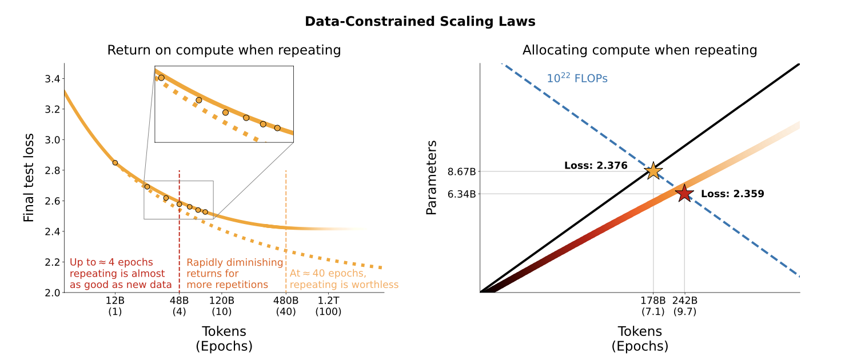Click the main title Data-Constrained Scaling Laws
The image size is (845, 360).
(420, 22)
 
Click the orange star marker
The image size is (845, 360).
(653, 171)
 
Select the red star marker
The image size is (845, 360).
(684, 194)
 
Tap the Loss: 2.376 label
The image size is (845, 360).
(596, 166)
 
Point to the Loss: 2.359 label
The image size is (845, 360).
(732, 194)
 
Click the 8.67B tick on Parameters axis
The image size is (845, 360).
(462, 171)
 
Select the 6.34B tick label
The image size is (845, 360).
(462, 194)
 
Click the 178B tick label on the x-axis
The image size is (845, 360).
(653, 301)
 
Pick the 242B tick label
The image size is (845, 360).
(684, 301)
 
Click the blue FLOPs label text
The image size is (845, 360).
(577, 78)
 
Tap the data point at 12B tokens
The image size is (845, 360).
(115, 163)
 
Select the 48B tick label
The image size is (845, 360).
(180, 301)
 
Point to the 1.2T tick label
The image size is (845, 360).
(328, 301)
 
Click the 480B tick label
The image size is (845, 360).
(285, 301)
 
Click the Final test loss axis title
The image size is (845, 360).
(29, 178)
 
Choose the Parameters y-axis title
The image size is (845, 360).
(432, 178)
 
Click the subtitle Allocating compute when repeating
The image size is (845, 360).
(640, 50)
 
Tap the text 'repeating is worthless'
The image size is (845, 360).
(344, 285)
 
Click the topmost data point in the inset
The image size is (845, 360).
(161, 78)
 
